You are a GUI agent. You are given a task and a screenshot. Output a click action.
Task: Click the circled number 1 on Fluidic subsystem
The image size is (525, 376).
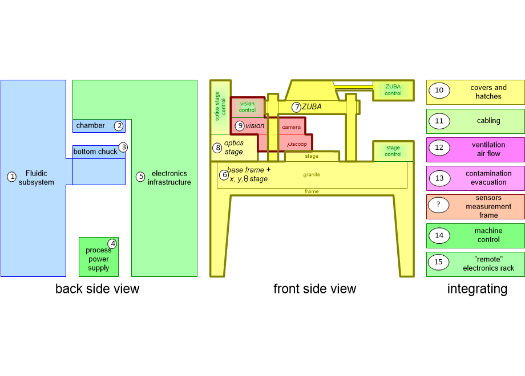tap(11, 177)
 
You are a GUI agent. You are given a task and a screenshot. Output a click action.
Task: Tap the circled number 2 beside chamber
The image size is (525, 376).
tap(119, 126)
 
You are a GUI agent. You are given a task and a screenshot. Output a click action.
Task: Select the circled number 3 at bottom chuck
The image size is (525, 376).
tap(123, 146)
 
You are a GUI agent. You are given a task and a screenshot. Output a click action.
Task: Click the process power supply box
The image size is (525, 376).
tap(99, 257)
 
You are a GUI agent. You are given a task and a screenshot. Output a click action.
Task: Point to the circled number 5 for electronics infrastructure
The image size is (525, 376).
tap(140, 177)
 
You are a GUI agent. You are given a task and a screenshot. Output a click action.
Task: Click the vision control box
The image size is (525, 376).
tap(247, 107)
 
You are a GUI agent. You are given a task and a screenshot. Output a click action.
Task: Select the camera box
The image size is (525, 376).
tap(292, 127)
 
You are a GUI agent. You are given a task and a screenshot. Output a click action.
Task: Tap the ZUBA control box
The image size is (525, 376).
tap(393, 90)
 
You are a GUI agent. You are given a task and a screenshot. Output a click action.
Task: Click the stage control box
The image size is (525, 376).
tap(393, 150)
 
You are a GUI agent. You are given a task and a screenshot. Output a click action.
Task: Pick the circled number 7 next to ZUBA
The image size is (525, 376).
tap(296, 107)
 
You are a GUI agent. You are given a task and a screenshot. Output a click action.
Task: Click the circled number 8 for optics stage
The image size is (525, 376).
tap(217, 148)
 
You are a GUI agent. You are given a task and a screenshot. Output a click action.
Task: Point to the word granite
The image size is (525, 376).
tap(312, 174)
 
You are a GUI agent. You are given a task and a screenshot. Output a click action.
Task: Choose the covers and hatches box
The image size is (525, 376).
tap(475, 92)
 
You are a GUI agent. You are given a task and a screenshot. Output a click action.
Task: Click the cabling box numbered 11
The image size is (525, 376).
tap(475, 121)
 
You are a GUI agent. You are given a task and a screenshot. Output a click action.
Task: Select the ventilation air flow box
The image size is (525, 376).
tap(475, 150)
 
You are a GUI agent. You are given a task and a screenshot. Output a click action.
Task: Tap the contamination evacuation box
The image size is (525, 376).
tap(475, 178)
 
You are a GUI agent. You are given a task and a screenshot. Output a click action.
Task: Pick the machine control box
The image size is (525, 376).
tap(475, 235)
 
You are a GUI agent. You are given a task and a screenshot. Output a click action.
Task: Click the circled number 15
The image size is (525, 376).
tap(438, 262)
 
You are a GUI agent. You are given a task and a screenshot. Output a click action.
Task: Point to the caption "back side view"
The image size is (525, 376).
tap(97, 289)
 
